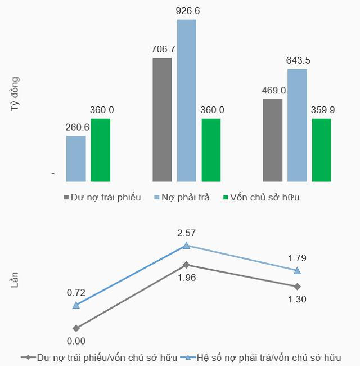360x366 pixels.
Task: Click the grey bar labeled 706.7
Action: pos(162,119)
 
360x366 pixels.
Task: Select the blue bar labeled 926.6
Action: pos(187,100)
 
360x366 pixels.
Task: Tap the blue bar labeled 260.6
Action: pos(76,158)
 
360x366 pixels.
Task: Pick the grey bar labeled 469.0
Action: pos(272,140)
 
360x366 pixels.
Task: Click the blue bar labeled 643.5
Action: pos(297,125)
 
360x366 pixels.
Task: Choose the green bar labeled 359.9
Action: pos(322,150)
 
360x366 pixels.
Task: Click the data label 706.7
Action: pos(164,49)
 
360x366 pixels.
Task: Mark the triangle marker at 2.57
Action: pos(186,246)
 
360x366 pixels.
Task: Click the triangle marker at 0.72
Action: pos(76,305)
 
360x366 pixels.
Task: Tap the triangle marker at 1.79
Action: pos(297,270)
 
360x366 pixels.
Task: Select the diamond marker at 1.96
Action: pos(186,264)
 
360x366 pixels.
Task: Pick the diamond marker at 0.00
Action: pos(76,328)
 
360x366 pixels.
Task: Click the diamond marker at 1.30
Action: pos(297,287)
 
